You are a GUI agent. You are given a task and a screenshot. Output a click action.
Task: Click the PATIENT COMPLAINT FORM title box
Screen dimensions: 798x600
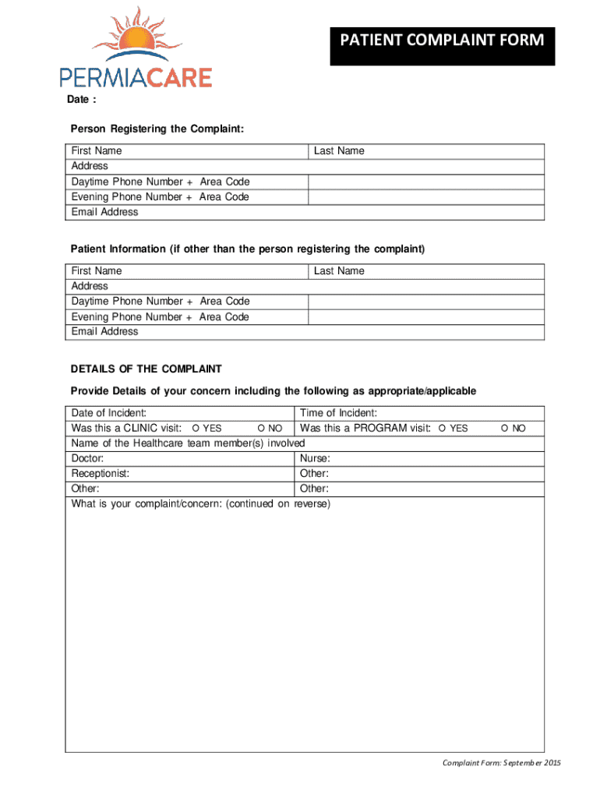coord(442,40)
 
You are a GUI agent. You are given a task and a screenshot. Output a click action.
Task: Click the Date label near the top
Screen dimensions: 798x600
coord(81,100)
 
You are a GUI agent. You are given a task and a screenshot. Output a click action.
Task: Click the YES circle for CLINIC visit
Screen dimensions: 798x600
coord(196,429)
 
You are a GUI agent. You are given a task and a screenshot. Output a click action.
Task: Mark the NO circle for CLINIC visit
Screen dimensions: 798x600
coord(261,429)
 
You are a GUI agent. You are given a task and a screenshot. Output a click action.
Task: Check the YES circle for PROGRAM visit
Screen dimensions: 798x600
coord(442,429)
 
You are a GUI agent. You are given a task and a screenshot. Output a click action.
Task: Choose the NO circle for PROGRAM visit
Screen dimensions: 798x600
coord(505,429)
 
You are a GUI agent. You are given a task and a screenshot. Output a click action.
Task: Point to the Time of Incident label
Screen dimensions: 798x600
coord(338,413)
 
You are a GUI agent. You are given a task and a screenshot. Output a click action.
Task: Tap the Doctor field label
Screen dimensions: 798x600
coord(88,459)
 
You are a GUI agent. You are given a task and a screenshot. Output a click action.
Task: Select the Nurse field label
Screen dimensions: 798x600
coord(315,459)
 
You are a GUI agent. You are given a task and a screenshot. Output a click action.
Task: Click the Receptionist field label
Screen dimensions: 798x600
coord(101,474)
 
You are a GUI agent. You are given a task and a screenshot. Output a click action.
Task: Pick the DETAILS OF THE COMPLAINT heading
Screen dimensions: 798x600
coord(146,369)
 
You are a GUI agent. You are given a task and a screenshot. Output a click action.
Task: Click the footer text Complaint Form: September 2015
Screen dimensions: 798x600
coord(501,762)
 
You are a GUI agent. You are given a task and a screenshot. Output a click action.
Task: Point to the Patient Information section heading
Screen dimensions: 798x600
coord(248,249)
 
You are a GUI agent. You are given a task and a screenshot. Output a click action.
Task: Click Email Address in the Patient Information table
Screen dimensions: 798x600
coord(104,331)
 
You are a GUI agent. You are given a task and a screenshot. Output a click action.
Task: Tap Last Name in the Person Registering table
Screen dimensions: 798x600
coord(339,150)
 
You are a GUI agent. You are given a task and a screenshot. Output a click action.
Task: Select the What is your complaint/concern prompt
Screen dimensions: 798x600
coord(201,504)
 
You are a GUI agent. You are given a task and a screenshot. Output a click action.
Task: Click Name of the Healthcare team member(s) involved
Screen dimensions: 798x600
coord(182,443)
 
